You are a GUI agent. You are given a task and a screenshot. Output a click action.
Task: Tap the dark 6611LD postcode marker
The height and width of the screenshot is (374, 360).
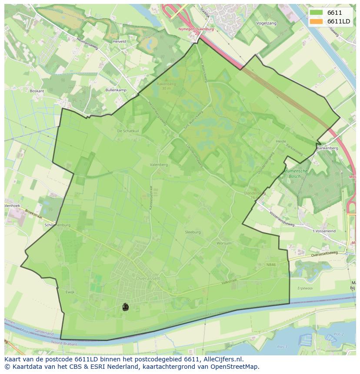pos(126,307)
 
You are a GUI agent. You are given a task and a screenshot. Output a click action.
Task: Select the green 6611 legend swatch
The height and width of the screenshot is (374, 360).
pos(317,13)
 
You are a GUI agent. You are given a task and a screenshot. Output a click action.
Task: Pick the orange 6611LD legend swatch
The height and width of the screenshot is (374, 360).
pos(317,21)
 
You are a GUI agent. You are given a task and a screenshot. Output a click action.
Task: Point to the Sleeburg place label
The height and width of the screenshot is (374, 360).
pos(193,232)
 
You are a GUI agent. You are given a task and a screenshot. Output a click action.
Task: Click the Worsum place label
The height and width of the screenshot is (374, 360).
pos(224,243)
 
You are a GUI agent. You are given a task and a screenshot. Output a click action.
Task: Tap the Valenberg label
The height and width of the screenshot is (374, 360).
pos(159,165)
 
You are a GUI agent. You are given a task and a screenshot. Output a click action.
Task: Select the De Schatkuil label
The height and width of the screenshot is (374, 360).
pos(128,130)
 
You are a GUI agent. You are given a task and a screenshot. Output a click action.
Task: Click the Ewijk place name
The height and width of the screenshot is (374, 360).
pos(70,292)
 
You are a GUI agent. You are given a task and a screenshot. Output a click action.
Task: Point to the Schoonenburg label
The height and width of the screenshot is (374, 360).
pos(57,225)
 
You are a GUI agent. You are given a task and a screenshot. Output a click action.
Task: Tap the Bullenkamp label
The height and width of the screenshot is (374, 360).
pos(116,90)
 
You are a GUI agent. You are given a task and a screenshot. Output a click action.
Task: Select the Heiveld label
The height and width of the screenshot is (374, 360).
pos(119,42)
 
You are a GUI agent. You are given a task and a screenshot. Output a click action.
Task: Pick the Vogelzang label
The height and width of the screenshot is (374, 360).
pos(267,23)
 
